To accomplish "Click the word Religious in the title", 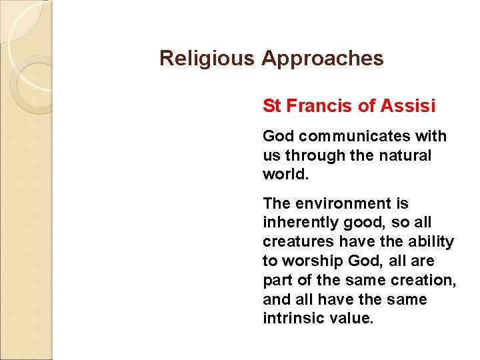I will pyautogui.click(x=207, y=59).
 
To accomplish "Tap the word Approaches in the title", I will pyautogui.click(x=323, y=59).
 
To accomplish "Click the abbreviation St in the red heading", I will pyautogui.click(x=271, y=105).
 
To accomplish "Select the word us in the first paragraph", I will pyautogui.click(x=271, y=155).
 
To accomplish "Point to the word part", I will pyautogui.click(x=277, y=281).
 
